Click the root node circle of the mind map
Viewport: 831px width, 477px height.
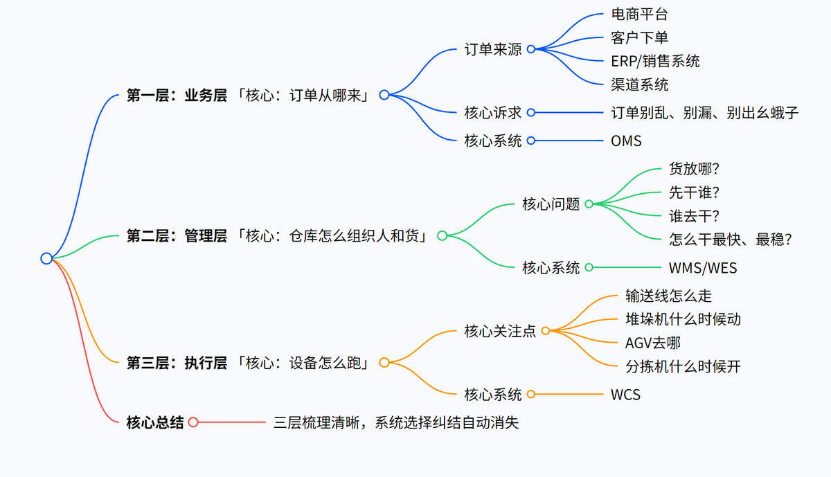coord(46,258)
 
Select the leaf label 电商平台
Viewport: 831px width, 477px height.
coord(639,14)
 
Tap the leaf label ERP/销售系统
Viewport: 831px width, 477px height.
coord(655,61)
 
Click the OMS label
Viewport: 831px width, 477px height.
coord(626,141)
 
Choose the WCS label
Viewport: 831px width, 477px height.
coord(625,395)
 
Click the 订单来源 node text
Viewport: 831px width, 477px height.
coord(493,49)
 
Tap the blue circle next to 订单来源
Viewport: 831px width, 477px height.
coord(531,49)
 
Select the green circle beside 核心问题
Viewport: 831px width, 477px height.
coord(589,204)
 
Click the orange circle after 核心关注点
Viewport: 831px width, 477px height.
coord(545,331)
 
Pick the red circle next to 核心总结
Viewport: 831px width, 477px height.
coord(193,422)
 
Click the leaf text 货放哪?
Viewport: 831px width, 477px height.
coord(695,169)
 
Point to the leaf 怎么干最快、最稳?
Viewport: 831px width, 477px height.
coord(731,240)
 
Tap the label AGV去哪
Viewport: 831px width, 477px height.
coord(653,343)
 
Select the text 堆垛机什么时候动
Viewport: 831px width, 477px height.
coord(683,319)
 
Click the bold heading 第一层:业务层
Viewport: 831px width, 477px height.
coord(177,96)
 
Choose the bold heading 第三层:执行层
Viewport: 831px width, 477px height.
coord(177,362)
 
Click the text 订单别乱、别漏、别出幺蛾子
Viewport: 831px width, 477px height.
coord(705,112)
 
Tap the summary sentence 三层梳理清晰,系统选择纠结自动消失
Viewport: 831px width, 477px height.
coord(396,422)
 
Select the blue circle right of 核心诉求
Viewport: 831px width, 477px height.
coord(531,112)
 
